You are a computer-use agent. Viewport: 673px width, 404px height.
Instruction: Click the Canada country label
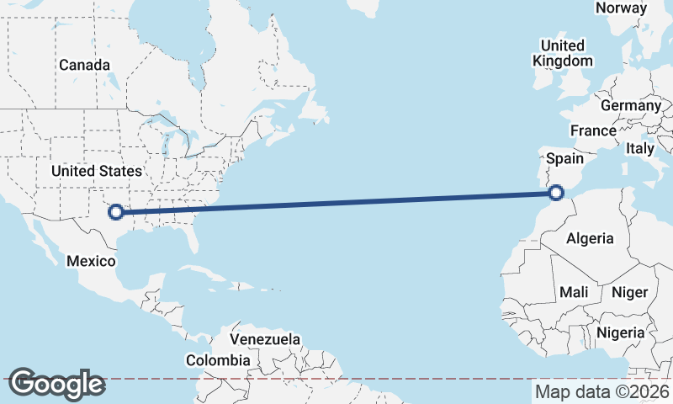[84, 65]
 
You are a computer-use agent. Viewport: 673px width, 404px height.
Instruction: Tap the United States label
[97, 171]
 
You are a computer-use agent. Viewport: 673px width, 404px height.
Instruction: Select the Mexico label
[91, 261]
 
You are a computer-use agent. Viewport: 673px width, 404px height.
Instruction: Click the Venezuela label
[265, 339]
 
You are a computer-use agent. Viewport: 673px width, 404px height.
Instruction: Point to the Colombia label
[219, 360]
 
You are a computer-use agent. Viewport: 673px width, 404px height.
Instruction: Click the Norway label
[621, 8]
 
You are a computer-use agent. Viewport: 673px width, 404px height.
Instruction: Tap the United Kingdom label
[563, 53]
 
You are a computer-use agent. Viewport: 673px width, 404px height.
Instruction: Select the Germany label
[631, 106]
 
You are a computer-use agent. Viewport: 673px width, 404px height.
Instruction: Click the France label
[593, 130]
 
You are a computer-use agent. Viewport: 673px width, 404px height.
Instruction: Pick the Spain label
[564, 157]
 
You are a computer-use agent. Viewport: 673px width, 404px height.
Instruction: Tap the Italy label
[640, 148]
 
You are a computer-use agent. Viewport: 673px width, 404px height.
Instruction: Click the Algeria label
[590, 238]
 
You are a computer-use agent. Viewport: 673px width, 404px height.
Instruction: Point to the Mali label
[574, 292]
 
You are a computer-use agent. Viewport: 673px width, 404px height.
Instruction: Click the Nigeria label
[621, 332]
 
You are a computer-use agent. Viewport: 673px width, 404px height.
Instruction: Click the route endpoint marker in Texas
[117, 213]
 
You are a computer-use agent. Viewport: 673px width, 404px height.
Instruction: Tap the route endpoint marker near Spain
[556, 194]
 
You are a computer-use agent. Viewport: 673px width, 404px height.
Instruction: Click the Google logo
[56, 384]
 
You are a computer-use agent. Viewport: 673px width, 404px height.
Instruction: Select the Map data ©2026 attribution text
[601, 391]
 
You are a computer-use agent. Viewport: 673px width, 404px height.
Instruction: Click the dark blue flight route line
[336, 203]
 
